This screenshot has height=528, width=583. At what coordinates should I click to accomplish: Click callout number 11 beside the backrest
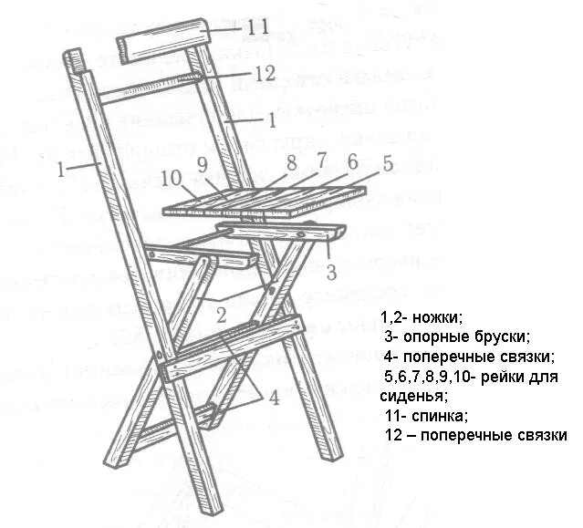[258, 27]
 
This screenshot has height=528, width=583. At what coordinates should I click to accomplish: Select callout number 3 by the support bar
[332, 272]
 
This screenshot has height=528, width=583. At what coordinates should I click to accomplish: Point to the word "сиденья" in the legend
[412, 396]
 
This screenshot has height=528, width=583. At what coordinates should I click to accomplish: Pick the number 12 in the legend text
[394, 436]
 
